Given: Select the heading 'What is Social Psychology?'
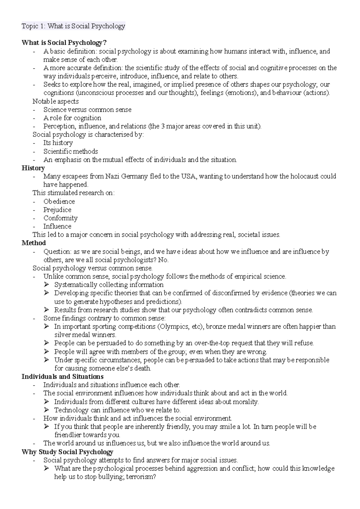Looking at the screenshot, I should [x=64, y=43].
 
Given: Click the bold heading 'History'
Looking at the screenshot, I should [x=33, y=168].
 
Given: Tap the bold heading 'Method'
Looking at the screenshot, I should [x=34, y=243].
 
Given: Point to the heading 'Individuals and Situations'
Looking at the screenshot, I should [x=62, y=377].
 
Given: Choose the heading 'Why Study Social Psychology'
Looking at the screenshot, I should [x=67, y=452].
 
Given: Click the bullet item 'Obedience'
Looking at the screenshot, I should [x=59, y=201].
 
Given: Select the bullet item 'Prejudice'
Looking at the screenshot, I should [x=57, y=210].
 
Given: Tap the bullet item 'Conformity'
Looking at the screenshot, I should [x=60, y=218].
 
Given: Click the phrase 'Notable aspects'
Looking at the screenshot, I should [x=55, y=101].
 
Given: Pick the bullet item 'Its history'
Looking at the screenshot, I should [x=58, y=143].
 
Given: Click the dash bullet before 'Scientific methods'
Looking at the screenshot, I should [x=34, y=151].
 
